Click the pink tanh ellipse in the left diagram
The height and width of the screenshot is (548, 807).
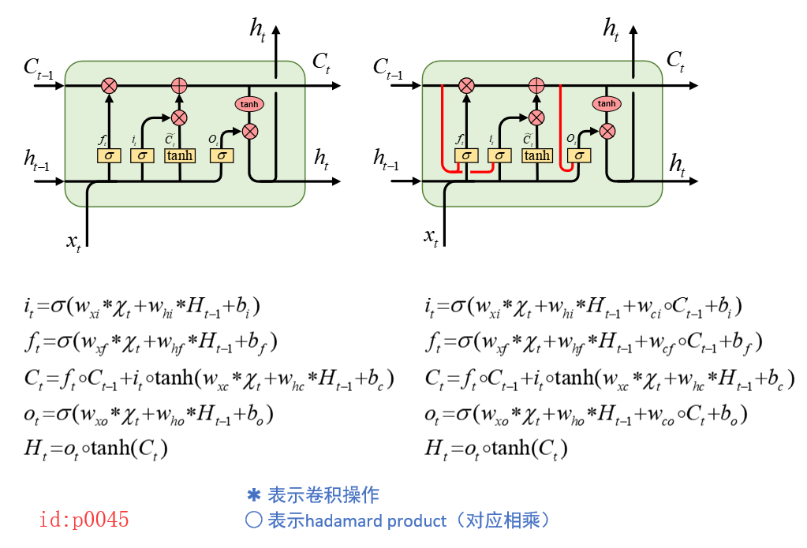[x=249, y=104]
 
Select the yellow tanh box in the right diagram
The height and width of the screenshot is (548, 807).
[x=536, y=155]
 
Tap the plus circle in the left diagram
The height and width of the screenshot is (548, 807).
[x=180, y=85]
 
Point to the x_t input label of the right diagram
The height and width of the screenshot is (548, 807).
[x=431, y=235]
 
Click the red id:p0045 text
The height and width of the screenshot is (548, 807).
[x=84, y=520]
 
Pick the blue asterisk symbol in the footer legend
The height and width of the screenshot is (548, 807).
[x=253, y=495]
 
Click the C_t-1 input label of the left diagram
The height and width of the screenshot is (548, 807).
[x=39, y=69]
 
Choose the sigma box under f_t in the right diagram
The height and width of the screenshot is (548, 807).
[x=466, y=155]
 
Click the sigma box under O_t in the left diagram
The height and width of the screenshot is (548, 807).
[x=222, y=155]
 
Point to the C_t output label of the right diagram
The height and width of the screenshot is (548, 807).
[x=675, y=61]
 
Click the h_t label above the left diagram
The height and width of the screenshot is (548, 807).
[x=258, y=29]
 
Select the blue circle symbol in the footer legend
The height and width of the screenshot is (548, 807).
[x=253, y=521]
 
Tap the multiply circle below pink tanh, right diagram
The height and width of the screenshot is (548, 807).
[x=607, y=131]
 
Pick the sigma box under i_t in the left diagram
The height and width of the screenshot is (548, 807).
[x=142, y=155]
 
